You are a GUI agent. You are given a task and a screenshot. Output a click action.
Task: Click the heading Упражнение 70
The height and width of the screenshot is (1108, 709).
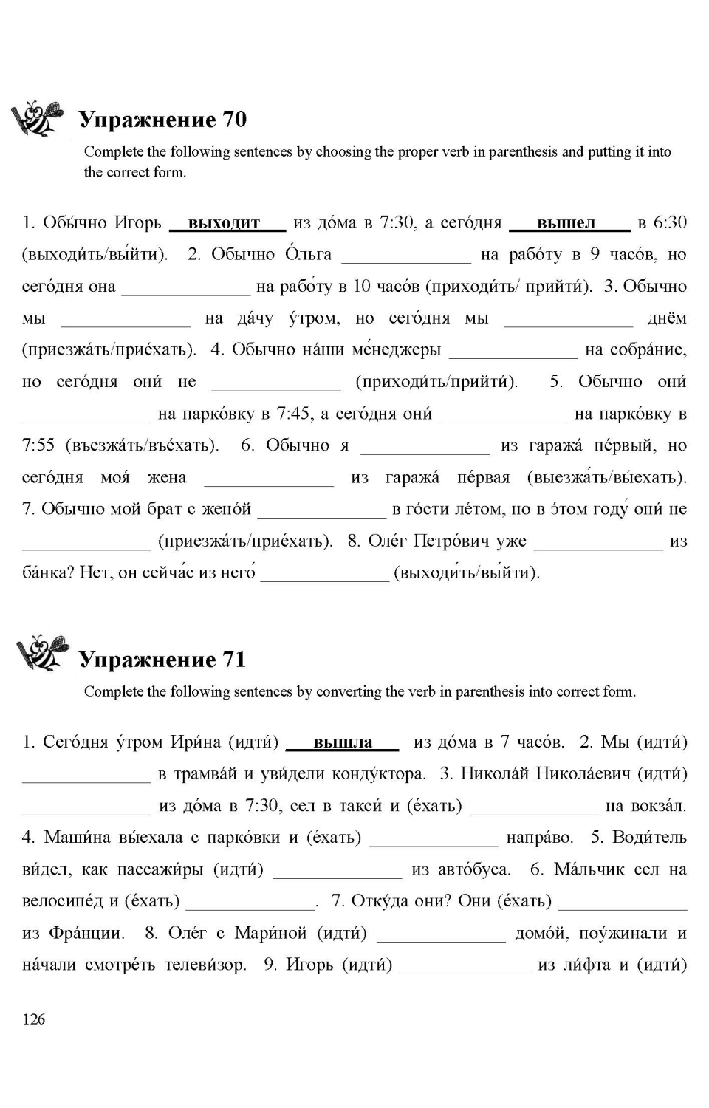(x=162, y=120)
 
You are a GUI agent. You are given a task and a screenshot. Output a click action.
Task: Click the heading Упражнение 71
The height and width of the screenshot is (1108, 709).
(x=162, y=659)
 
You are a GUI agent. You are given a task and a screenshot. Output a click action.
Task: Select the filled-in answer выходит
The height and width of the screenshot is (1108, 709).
(x=225, y=222)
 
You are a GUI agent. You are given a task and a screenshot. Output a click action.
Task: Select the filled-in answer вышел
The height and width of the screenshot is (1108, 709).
(x=566, y=222)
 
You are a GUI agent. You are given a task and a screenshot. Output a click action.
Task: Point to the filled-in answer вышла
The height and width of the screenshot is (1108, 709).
(x=343, y=742)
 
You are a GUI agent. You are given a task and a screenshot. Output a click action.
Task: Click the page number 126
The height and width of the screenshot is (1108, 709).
(x=34, y=1019)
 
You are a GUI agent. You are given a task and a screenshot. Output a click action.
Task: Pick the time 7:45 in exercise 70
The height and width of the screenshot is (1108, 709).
(x=295, y=414)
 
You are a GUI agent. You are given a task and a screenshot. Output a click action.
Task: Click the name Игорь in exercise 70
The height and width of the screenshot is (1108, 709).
(x=137, y=222)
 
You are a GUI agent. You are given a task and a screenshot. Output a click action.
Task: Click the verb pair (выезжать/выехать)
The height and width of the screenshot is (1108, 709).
(x=607, y=477)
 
